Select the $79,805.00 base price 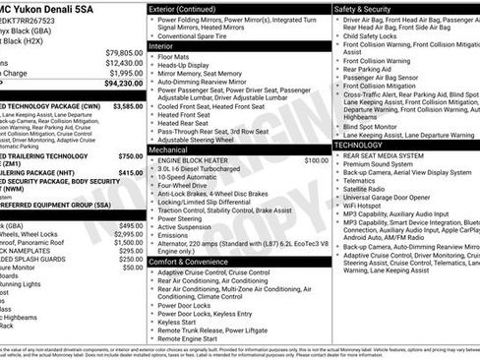[124, 52]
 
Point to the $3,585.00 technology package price [127, 104]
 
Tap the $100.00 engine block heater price [317, 160]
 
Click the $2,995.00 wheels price [130, 234]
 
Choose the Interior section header [164, 45]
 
